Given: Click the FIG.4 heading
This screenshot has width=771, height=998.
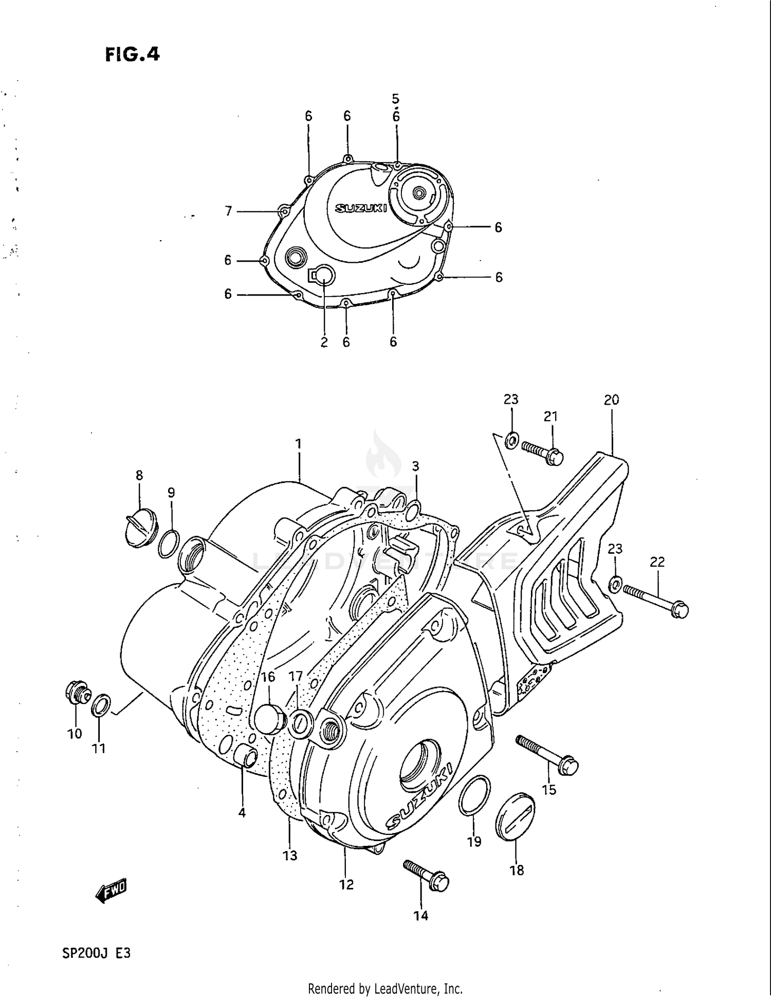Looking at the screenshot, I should (132, 54).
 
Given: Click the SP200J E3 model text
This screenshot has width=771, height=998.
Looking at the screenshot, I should (96, 953).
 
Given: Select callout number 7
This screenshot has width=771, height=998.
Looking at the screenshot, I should (228, 211).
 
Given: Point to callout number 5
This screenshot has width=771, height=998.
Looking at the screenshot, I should (395, 98).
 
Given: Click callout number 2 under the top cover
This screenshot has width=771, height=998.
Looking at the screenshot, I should (324, 342).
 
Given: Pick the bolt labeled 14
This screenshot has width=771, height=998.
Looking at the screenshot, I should (427, 877).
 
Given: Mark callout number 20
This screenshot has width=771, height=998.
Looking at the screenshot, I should (611, 400).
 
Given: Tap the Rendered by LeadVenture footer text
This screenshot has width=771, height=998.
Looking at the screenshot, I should (385, 988).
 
